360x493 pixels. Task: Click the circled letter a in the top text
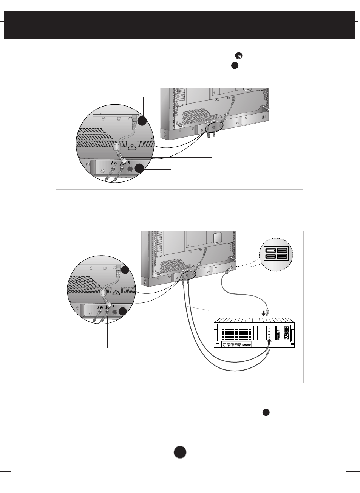tap(239, 56)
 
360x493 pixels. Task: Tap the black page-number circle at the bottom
tap(180, 452)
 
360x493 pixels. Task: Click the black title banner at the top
tap(180, 25)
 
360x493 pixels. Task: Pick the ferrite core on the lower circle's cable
tap(103, 292)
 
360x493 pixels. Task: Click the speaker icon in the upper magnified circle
tap(129, 163)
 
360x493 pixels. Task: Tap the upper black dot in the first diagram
tap(142, 121)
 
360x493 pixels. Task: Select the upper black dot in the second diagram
tap(125, 270)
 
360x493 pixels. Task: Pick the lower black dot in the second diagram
tap(122, 312)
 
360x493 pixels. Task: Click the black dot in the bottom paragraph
tap(266, 413)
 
